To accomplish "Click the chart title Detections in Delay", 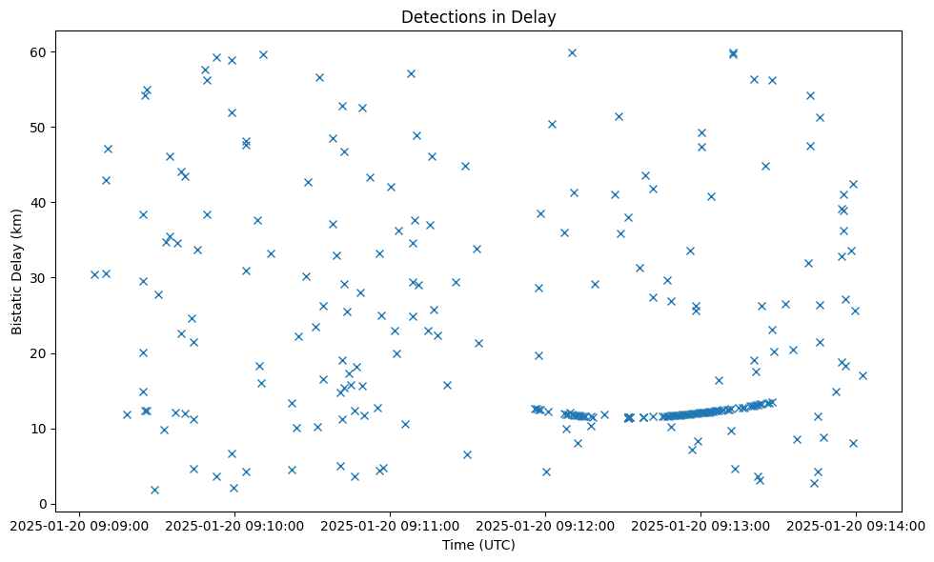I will click(x=477, y=17).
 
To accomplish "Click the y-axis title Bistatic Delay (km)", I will click(x=17, y=271).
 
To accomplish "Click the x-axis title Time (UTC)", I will click(x=477, y=545).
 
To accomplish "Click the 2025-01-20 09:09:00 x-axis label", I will click(x=80, y=526).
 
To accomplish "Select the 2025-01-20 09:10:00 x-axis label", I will click(x=234, y=526).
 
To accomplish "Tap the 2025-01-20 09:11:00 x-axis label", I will click(x=390, y=526).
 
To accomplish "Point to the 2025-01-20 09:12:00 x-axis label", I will click(x=545, y=526).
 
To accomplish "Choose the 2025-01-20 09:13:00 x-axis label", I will click(x=700, y=526).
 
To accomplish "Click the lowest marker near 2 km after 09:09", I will click(x=154, y=490).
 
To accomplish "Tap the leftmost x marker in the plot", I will click(x=94, y=274).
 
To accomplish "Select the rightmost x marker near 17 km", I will click(x=863, y=375).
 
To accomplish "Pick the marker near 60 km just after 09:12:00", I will click(x=572, y=52).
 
